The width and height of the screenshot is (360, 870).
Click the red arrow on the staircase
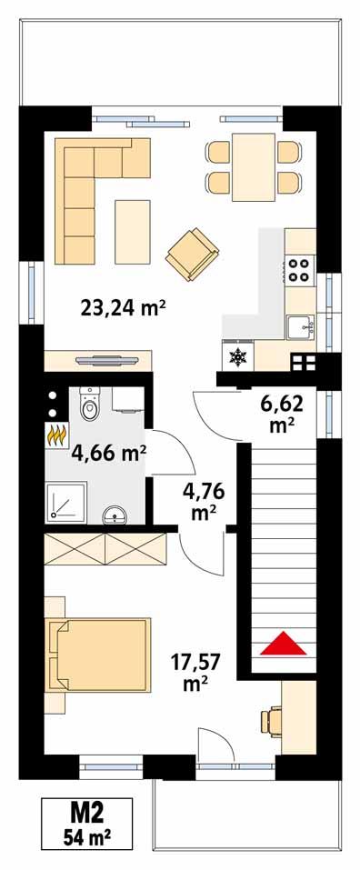click(282, 643)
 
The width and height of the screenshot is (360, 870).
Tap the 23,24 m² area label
click(123, 307)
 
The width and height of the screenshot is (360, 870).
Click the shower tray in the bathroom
click(65, 501)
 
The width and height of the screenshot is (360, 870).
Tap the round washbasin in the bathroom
click(115, 515)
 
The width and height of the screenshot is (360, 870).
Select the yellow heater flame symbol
click(56, 435)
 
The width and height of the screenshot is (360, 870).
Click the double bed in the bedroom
click(98, 654)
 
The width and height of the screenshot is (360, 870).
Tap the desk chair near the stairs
click(269, 720)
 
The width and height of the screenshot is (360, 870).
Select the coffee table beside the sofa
click(133, 227)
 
